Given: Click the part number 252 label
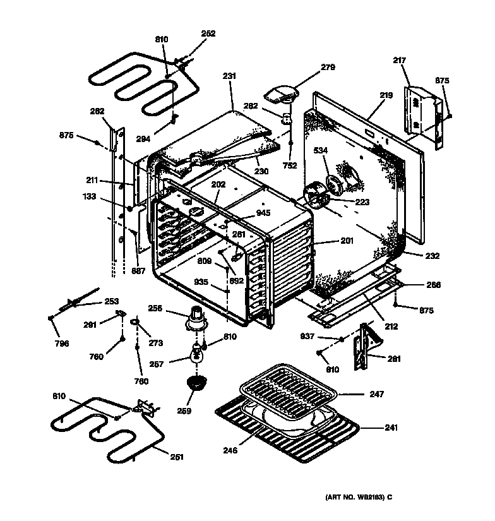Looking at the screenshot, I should pyautogui.click(x=208, y=33).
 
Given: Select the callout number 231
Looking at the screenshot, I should pyautogui.click(x=229, y=76).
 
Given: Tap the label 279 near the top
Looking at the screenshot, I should pyautogui.click(x=327, y=67).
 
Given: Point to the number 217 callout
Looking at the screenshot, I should pyautogui.click(x=399, y=61).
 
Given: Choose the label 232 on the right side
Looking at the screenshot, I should pyautogui.click(x=432, y=256).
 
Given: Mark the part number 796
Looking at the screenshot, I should pyautogui.click(x=61, y=344).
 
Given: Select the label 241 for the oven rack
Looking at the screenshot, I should pyautogui.click(x=392, y=428).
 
